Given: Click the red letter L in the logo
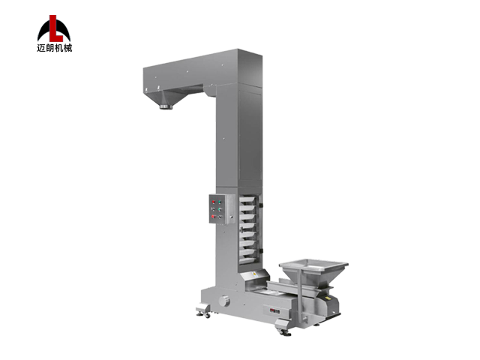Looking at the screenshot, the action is pyautogui.click(x=55, y=29).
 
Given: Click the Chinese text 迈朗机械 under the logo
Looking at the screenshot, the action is pyautogui.click(x=55, y=48).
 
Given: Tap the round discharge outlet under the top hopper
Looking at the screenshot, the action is pyautogui.click(x=166, y=106).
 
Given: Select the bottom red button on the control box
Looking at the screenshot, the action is pyautogui.click(x=213, y=217).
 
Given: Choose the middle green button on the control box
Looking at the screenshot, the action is pyautogui.click(x=220, y=209).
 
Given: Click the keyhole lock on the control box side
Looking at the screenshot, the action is pyautogui.click(x=231, y=217).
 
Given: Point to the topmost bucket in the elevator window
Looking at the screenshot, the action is pyautogui.click(x=247, y=199).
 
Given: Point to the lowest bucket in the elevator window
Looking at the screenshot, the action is pyautogui.click(x=247, y=260).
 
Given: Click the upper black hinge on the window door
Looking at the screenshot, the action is pyautogui.click(x=260, y=205).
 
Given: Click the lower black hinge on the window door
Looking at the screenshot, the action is pyautogui.click(x=260, y=250).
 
